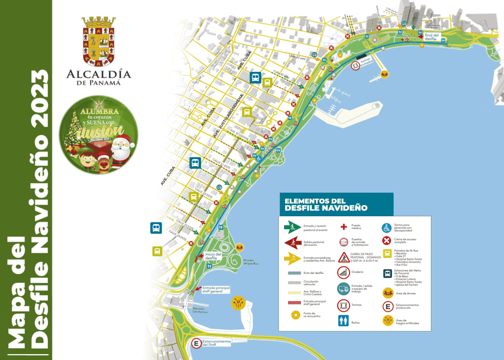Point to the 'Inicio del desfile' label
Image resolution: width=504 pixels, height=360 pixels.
[213, 256]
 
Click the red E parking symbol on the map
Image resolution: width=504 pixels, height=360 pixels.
[196, 344]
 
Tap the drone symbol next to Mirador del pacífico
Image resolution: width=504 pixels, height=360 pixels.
[239, 248]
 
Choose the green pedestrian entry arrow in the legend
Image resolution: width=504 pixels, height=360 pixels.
[292, 226]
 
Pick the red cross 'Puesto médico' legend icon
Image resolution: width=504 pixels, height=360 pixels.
[343, 226]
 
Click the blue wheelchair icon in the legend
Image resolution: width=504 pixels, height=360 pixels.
[387, 226]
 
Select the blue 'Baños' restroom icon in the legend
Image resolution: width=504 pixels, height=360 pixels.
[343, 321]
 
